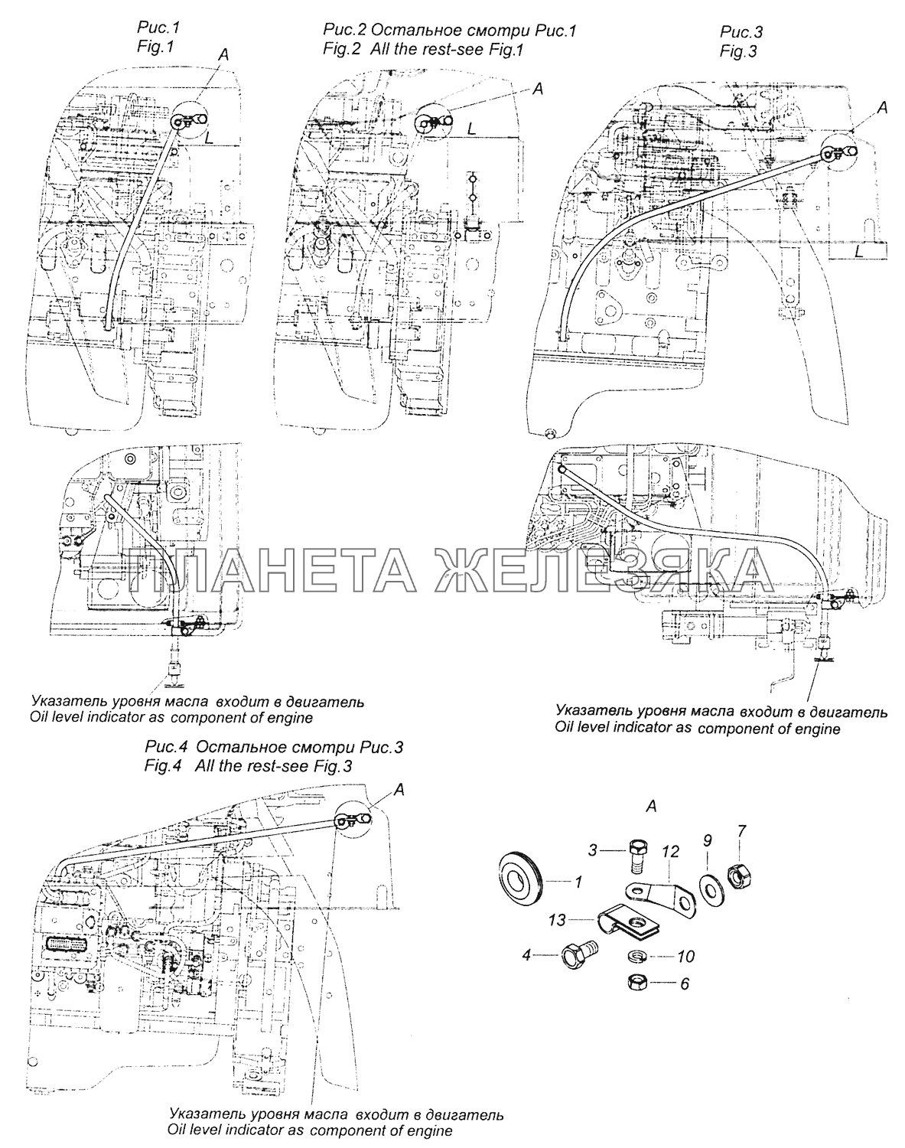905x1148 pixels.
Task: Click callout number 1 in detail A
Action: [578, 882]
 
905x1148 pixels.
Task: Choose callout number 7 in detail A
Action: [741, 831]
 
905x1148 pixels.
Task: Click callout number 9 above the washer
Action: [707, 840]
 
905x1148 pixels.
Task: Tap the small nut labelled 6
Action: [637, 980]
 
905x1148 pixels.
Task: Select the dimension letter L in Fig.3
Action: [860, 250]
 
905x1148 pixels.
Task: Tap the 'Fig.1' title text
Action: [156, 47]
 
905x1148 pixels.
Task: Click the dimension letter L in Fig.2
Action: [472, 130]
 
